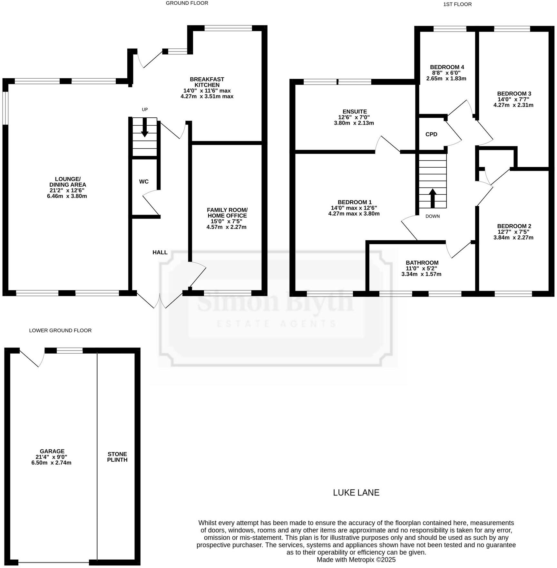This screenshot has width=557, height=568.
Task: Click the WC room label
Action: tap(144, 182)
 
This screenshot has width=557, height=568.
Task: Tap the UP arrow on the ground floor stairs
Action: tap(145, 127)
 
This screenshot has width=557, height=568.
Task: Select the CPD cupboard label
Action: tap(431, 134)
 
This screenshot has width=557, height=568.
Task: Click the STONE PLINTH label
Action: tap(117, 457)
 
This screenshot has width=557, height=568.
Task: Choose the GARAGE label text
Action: tap(52, 451)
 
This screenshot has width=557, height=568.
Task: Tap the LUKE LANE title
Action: tap(356, 493)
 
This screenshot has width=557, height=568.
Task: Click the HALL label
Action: tap(160, 252)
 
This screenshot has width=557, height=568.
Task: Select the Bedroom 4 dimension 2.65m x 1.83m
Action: tap(447, 78)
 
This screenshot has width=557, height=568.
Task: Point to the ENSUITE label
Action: tap(354, 112)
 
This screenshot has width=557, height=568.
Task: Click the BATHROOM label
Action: tap(422, 263)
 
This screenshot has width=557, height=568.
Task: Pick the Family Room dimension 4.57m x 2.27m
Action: tap(226, 227)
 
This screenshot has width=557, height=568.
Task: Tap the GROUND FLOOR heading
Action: tap(187, 3)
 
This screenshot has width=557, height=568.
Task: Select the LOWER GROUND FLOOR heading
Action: tap(60, 330)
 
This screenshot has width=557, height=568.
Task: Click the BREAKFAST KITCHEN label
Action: tap(207, 82)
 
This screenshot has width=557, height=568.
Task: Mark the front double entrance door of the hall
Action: tap(160, 300)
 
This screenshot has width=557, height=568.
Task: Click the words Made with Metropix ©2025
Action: tap(356, 560)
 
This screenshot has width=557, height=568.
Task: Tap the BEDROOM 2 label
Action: tap(514, 226)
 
